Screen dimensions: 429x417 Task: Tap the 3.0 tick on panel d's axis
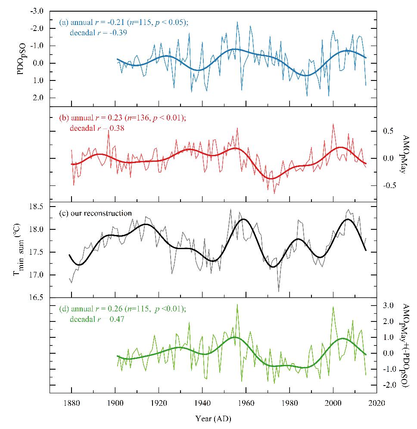pos(389,306)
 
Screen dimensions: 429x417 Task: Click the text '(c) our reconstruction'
pos(95,213)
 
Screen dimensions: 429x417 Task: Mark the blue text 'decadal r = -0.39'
pos(96,32)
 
